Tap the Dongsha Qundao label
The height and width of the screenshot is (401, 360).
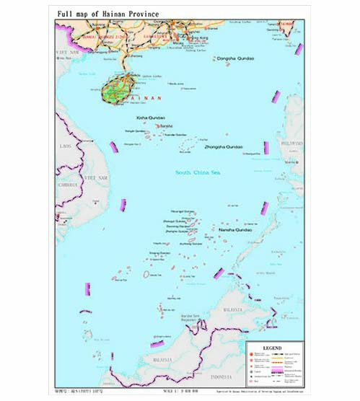tap(234, 58)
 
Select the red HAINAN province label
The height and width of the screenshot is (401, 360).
tap(147, 97)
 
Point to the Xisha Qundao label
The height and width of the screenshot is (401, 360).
tap(151, 117)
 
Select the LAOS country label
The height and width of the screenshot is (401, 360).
tap(66, 146)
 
